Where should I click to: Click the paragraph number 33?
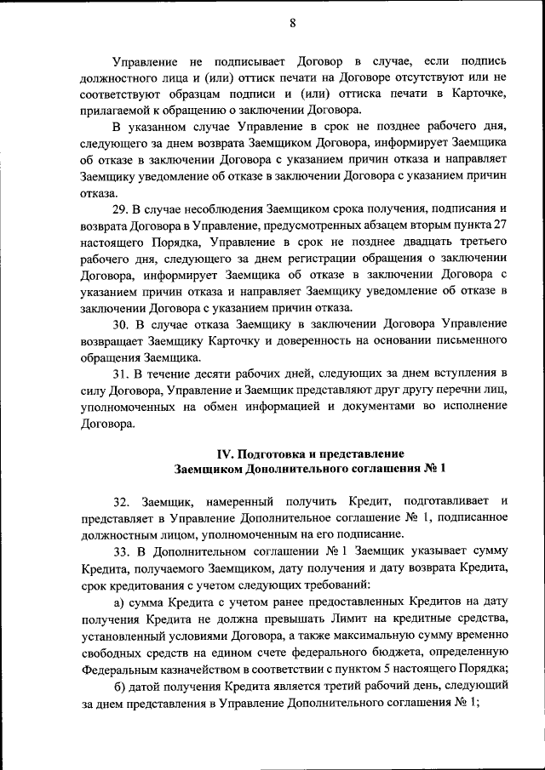[121, 550]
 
